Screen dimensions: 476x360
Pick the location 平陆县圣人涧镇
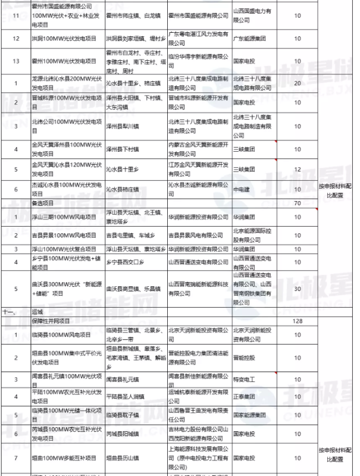pos(130,395)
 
